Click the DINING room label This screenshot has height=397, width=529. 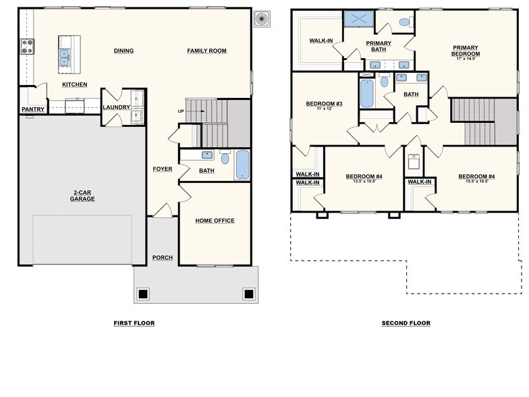(123, 51)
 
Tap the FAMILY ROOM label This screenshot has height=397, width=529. (206, 51)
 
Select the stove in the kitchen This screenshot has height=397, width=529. (28, 46)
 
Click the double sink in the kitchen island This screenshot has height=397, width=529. (65, 57)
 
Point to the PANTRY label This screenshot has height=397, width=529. (32, 109)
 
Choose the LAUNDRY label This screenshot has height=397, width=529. (116, 107)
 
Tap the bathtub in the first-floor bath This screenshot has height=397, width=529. (242, 165)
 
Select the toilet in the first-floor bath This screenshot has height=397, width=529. (225, 158)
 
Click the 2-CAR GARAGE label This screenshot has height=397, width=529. (83, 196)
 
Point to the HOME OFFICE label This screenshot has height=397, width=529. (215, 221)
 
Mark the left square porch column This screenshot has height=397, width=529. (143, 294)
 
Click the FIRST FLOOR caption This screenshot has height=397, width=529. (134, 323)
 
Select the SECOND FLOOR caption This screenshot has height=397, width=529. (406, 323)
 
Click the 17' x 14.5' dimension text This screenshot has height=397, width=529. (466, 59)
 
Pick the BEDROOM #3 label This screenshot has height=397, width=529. (324, 104)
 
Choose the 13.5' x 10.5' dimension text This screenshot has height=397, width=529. (364, 182)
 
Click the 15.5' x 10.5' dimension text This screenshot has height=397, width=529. (476, 182)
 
